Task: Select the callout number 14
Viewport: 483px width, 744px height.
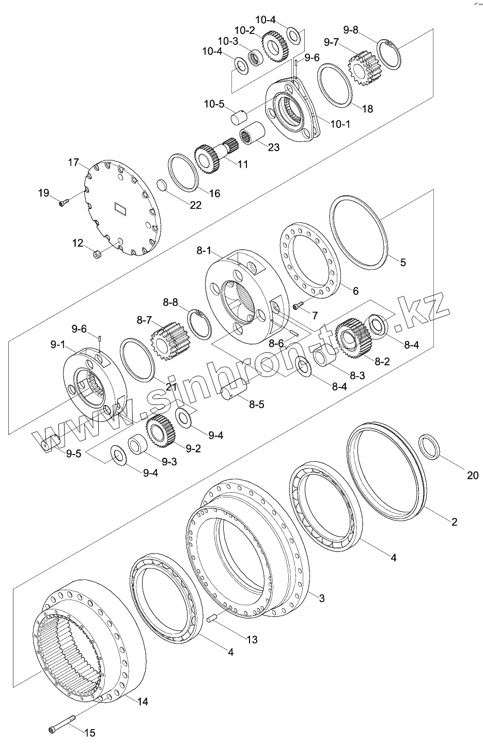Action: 143,702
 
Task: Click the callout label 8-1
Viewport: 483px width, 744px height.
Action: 205,251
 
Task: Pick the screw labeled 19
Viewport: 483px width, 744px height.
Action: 64,202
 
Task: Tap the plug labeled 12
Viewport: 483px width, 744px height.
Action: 97,255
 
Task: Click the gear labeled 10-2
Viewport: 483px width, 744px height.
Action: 275,47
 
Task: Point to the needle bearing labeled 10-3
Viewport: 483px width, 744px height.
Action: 256,57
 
